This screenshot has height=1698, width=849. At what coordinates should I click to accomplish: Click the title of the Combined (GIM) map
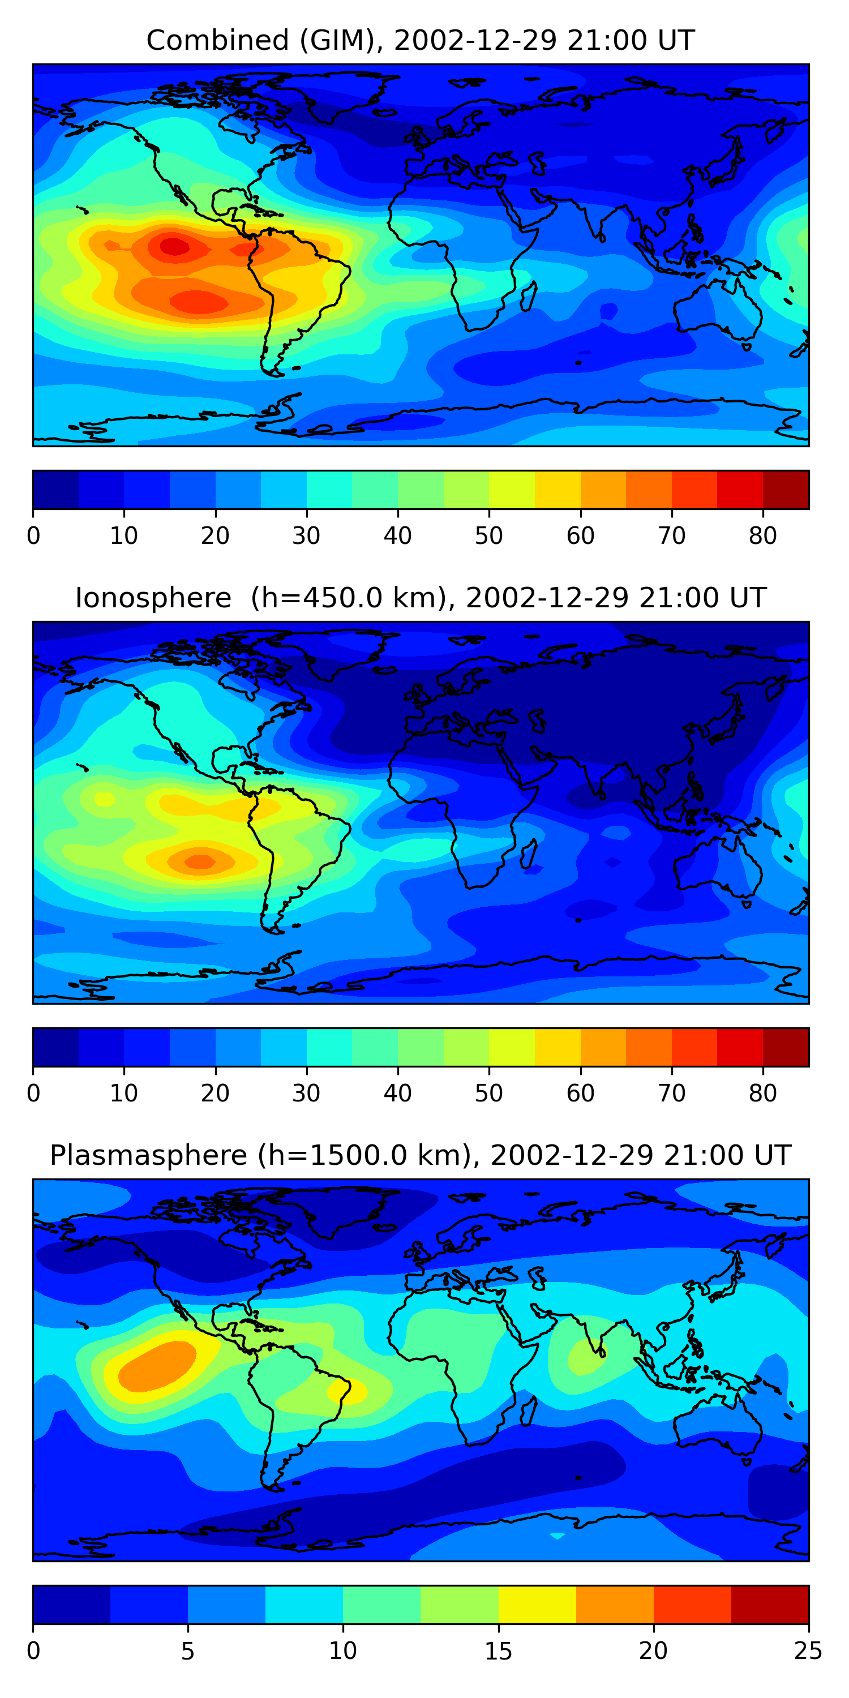point(420,41)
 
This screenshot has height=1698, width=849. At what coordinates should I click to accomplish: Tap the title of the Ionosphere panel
point(420,598)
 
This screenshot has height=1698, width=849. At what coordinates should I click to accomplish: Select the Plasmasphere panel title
point(420,1156)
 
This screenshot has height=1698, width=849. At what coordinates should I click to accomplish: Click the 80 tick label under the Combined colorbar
point(762,536)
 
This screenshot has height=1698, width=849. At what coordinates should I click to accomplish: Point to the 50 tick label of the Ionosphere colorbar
point(488,1094)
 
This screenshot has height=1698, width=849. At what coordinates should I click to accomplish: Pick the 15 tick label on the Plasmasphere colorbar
point(498,1650)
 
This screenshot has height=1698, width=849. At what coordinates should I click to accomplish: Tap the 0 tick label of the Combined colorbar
point(33,536)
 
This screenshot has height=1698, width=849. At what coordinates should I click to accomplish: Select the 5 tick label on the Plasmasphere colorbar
point(188,1650)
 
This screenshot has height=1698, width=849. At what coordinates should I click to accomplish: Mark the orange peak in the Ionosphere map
point(200,861)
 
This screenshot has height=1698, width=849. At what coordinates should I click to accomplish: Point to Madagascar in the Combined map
point(529,296)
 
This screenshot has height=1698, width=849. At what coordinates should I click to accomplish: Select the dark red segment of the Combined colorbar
point(785,490)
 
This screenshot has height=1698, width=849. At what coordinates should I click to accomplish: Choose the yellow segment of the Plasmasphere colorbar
point(537,1605)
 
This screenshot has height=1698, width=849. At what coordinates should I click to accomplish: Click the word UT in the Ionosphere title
point(748,598)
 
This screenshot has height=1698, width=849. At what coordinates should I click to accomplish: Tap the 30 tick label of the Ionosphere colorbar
point(307,1094)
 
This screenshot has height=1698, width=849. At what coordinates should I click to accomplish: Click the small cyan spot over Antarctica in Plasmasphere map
point(557,1536)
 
